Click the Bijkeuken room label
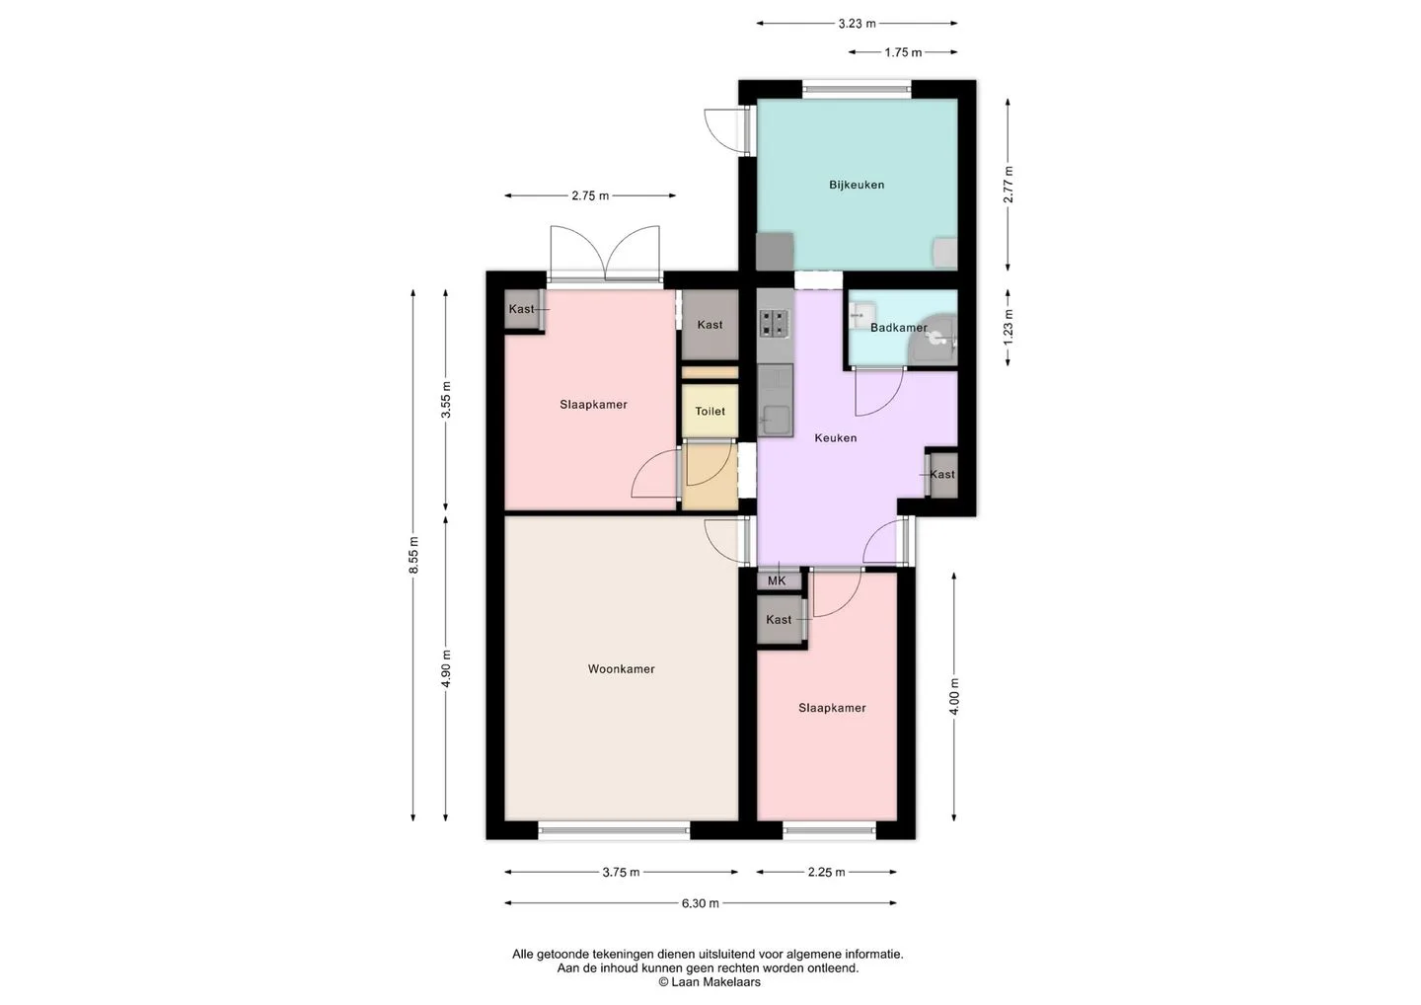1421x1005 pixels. (857, 185)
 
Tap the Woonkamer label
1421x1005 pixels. (621, 668)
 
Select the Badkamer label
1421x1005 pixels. (899, 328)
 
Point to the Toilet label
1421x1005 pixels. (710, 411)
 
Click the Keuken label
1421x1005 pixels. (836, 437)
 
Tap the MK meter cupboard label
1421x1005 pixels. (777, 580)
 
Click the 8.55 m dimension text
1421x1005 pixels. (413, 555)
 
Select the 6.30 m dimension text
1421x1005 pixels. (701, 903)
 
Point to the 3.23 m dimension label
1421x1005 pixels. (857, 24)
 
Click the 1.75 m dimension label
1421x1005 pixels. (903, 52)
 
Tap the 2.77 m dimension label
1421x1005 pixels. (1009, 185)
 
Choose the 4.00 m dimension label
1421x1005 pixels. (954, 697)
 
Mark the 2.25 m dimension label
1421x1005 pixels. (827, 873)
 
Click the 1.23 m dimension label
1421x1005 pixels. (1009, 328)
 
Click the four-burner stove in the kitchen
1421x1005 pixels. (775, 323)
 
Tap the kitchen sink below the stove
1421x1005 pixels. (776, 401)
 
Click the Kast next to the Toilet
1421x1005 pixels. (710, 325)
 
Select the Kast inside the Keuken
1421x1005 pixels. (942, 475)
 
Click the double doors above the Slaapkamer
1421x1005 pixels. (605, 253)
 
